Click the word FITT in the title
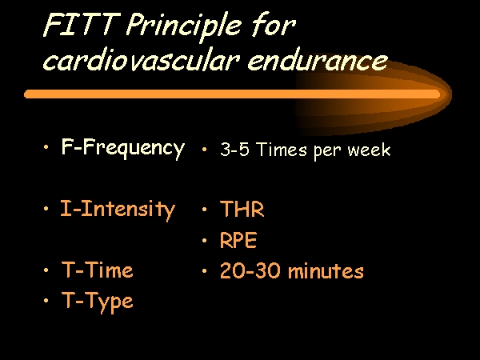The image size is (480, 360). point(81,25)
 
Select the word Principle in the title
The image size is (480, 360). point(184,27)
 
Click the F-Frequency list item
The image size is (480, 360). point(123,148)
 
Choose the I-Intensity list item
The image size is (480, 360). point(118,210)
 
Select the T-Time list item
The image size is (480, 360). point(98,270)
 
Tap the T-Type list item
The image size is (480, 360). point(98,302)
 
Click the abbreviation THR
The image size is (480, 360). point(242,209)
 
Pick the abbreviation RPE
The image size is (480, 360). point(238,240)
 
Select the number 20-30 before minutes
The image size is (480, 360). point(250,270)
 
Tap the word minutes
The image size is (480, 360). point(326,270)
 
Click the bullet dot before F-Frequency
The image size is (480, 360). point(46,147)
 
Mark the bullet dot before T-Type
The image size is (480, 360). point(46,301)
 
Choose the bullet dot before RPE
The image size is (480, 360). point(204,240)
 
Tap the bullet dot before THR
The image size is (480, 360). point(204,210)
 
